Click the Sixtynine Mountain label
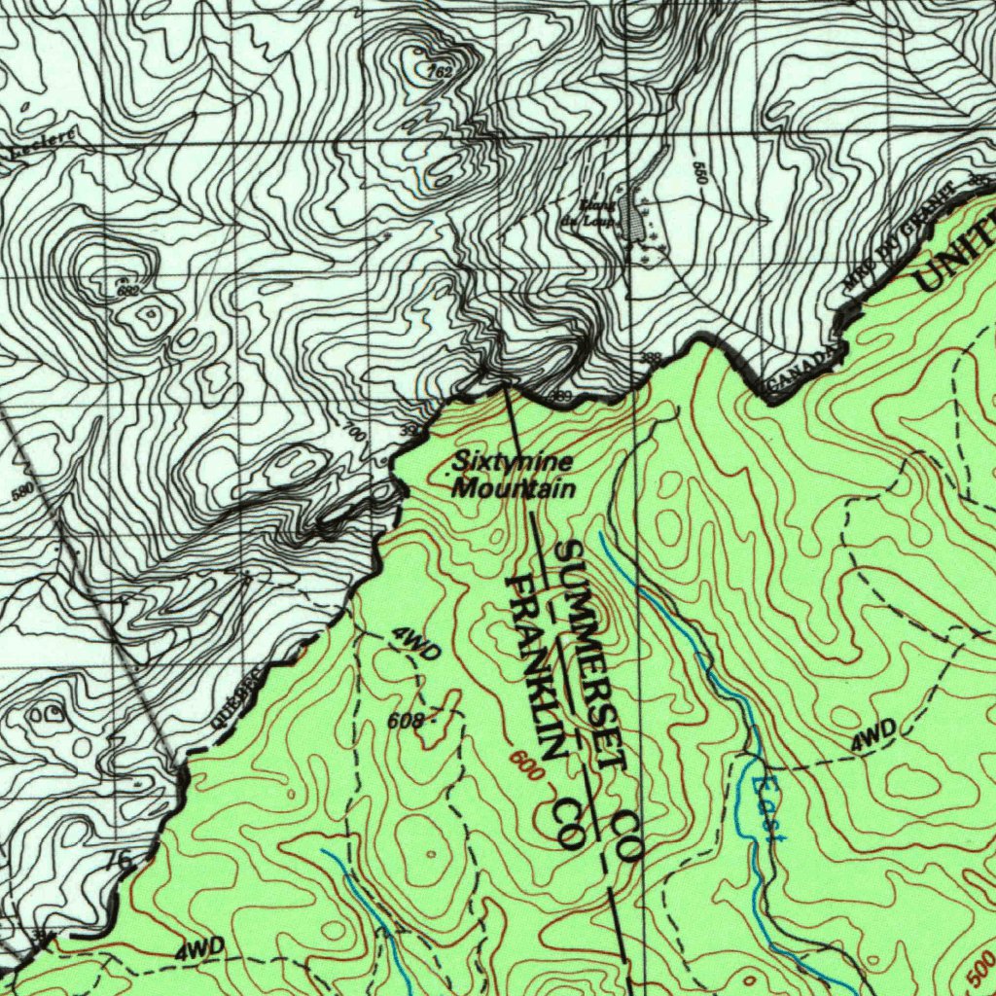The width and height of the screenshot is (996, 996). point(514,476)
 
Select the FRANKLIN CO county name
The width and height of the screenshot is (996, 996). point(550,710)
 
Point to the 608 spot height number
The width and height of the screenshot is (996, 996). point(405,721)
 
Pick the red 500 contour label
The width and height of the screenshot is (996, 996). point(981,967)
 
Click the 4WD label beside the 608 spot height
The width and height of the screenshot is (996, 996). point(417,643)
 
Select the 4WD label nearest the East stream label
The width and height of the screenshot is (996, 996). point(873,736)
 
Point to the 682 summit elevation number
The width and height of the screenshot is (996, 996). point(127,289)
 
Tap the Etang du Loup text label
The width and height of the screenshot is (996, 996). point(596,211)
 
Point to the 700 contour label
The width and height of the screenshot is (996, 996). point(355,434)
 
